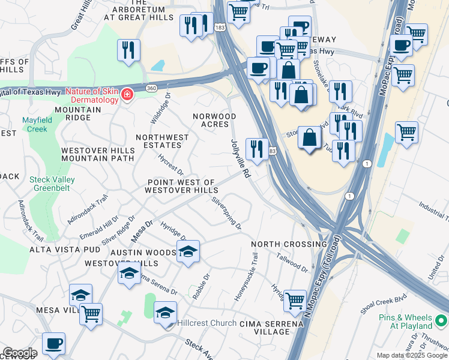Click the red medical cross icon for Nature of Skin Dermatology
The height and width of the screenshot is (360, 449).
pos(127,95)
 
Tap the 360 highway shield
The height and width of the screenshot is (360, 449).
pos(152,88)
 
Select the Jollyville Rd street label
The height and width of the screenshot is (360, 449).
pos(240,159)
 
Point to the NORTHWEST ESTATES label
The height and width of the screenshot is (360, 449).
pos(162,142)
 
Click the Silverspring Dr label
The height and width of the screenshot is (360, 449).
pos(227,214)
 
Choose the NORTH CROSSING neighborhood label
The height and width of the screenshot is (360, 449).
pos(288,244)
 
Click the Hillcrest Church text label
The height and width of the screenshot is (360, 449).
pos(206,323)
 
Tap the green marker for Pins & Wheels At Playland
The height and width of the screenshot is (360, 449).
pos(441,322)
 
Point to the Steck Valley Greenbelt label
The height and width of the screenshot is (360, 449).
pos(58,183)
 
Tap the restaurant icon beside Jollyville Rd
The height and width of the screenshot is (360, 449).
pos(257,149)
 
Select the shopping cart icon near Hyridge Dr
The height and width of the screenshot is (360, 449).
pos(295,301)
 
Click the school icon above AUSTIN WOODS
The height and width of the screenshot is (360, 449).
pos(188,251)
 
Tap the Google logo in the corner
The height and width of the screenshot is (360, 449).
pos(19,353)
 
